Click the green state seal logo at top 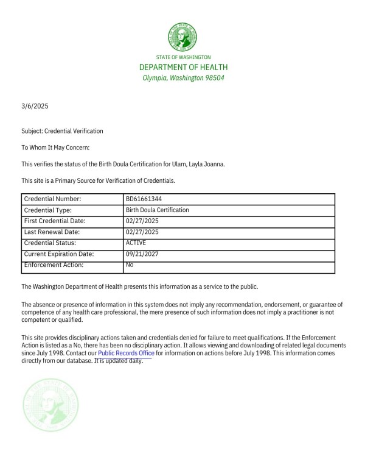click(183, 37)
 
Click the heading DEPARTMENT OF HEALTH click(183, 67)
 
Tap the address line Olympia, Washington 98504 click(183, 78)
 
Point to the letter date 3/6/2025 click(35, 106)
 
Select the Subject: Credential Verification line click(62, 131)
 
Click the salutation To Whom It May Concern click(55, 148)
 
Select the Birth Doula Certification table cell click(157, 210)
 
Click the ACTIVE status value click(136, 243)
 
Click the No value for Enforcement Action click(130, 265)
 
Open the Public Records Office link click(126, 353)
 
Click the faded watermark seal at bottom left click(52, 405)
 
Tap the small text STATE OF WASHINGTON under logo click(183, 57)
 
